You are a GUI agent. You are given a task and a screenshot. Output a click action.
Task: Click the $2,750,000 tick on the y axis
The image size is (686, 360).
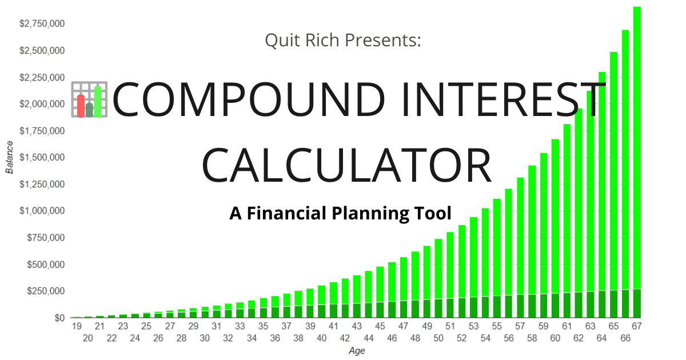pyautogui.click(x=42, y=23)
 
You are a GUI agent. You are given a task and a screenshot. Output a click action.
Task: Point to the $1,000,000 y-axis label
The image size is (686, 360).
pyautogui.click(x=42, y=211)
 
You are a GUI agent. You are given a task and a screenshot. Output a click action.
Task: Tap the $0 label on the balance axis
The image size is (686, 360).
pyautogui.click(x=59, y=318)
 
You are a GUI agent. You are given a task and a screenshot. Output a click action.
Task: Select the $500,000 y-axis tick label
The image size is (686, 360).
pyautogui.click(x=46, y=265)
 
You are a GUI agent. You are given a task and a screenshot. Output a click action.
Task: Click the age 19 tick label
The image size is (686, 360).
pyautogui.click(x=77, y=326)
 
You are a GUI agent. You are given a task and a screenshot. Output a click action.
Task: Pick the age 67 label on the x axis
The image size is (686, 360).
pyautogui.click(x=637, y=326)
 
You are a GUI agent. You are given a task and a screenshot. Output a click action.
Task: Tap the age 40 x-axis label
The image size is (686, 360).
pyautogui.click(x=321, y=338)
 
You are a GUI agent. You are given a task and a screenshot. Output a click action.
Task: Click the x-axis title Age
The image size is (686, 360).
pyautogui.click(x=357, y=351)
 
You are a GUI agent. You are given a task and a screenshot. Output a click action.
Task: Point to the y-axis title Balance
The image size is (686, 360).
pyautogui.click(x=10, y=157)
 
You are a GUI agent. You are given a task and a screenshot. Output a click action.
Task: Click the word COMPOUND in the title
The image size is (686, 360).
pyautogui.click(x=249, y=99)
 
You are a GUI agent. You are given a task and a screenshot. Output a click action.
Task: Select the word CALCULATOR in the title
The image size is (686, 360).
pyautogui.click(x=346, y=165)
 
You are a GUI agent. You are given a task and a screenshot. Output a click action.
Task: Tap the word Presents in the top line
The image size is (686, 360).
pyautogui.click(x=383, y=40)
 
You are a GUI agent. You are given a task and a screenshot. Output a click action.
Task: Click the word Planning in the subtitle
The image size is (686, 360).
pyautogui.click(x=370, y=213)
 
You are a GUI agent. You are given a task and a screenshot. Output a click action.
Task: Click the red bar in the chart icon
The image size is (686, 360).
pyautogui.click(x=81, y=106)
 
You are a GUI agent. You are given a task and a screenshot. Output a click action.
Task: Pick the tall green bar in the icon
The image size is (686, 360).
pyautogui.click(x=98, y=102)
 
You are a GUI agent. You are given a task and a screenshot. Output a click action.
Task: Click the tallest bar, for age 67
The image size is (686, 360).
pyautogui.click(x=637, y=162)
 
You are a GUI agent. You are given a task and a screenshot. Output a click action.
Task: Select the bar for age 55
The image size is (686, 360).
pyautogui.click(x=497, y=258)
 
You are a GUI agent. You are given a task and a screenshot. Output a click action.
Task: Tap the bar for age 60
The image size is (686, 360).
pyautogui.click(x=555, y=229)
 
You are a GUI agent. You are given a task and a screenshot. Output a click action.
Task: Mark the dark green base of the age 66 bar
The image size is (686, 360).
pyautogui.click(x=625, y=303)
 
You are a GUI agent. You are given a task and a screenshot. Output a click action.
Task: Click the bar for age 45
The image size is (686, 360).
pyautogui.click(x=380, y=293)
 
